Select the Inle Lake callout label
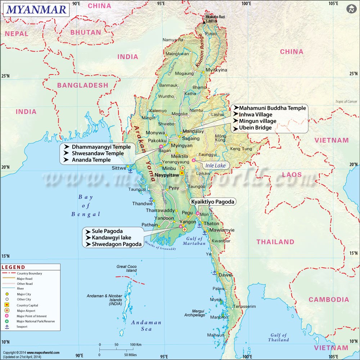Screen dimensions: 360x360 (215, 166)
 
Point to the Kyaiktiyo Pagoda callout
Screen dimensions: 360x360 (213, 202)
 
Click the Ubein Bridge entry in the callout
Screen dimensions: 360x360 (255, 127)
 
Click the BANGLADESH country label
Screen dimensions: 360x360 (82, 85)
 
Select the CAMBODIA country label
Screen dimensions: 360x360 (329, 300)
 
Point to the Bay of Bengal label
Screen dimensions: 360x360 (86, 206)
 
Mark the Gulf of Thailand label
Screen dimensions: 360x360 (279, 337)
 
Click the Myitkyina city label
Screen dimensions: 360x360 (216, 70)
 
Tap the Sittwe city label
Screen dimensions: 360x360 (118, 168)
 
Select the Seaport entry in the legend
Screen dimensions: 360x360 (22, 327)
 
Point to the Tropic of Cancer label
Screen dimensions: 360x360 (346, 102)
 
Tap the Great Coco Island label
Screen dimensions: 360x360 (126, 269)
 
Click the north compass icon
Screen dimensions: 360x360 (351, 9)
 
